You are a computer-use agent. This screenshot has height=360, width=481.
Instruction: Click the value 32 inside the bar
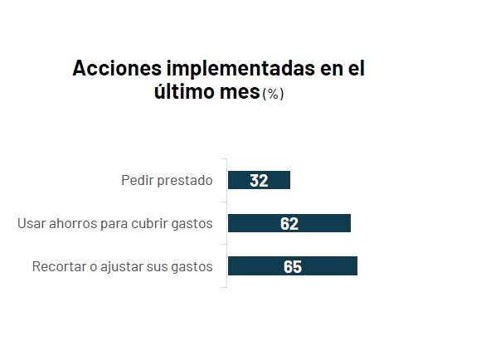[x=259, y=180]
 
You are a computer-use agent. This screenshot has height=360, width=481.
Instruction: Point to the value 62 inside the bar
[x=289, y=223]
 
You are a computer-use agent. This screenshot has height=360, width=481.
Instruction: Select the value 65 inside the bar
[x=292, y=266]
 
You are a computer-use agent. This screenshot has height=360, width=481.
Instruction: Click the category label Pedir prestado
[x=167, y=180]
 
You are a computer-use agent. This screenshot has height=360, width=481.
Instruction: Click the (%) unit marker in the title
[x=273, y=94]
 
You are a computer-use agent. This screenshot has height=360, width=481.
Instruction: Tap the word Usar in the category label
[x=31, y=223]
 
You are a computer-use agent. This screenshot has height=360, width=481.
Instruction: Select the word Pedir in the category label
[x=136, y=180]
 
